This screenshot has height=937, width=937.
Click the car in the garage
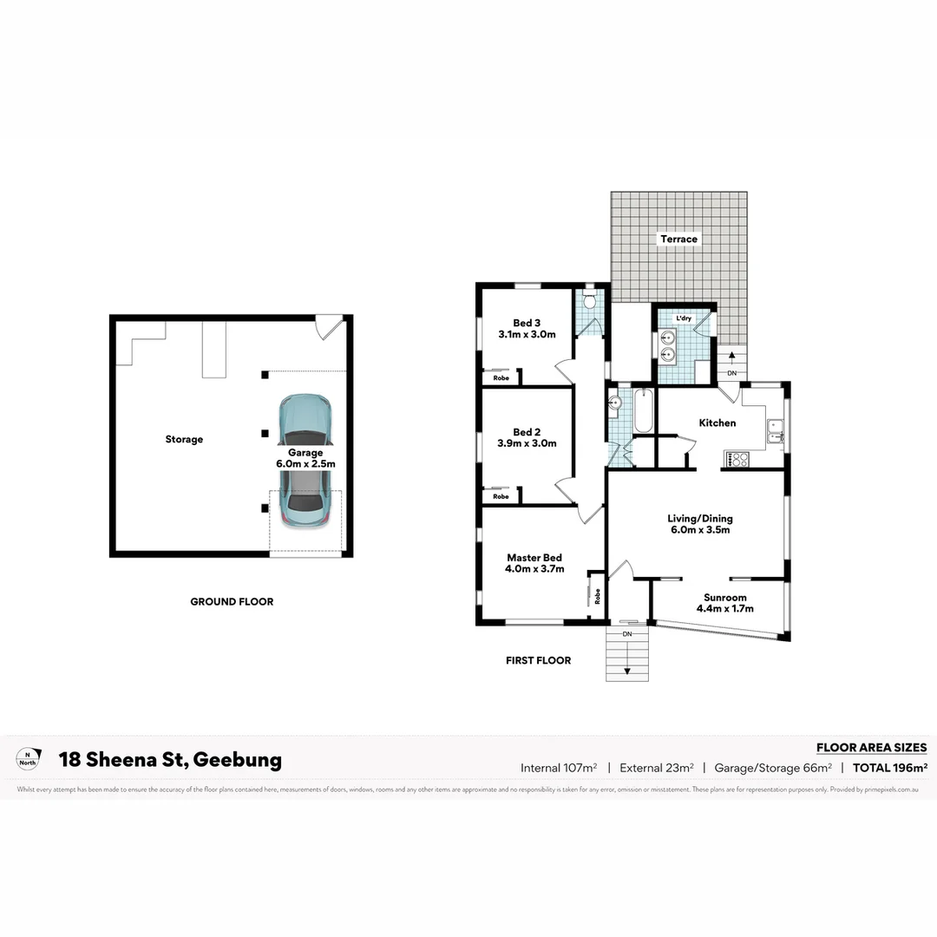[305, 464]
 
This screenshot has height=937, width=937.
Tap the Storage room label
[184, 439]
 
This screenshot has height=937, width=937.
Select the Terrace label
[678, 239]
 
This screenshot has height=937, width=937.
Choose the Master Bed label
[534, 557]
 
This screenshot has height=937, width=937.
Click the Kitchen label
[717, 423]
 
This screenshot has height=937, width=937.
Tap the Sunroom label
[724, 597]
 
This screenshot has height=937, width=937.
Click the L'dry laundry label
[684, 319]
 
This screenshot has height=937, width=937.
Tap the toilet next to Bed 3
[589, 302]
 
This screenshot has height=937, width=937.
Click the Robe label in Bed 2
[501, 496]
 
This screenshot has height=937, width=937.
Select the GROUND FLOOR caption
[232, 601]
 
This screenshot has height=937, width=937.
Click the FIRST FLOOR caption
[538, 660]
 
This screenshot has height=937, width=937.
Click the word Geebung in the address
[237, 760]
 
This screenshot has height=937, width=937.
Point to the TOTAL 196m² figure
[890, 767]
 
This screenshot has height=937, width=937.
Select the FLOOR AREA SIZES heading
[871, 747]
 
